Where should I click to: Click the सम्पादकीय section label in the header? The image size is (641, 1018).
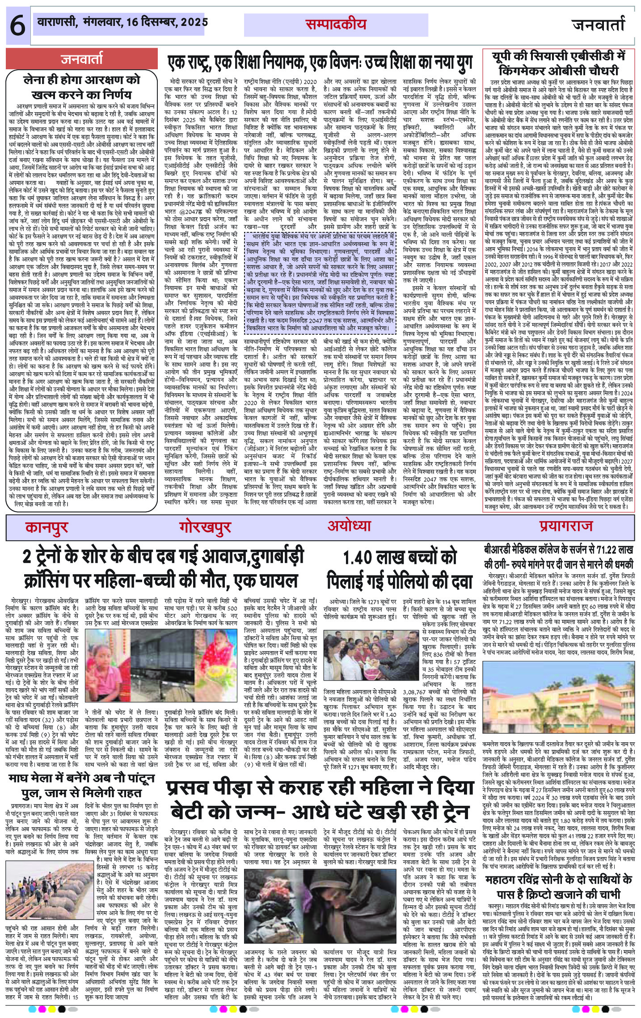(336, 25)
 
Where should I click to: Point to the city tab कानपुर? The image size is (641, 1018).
(47, 527)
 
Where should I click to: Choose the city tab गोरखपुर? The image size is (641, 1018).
(205, 527)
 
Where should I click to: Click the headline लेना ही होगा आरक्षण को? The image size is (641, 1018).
(82, 81)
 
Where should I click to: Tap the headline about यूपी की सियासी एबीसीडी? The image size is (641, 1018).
(558, 58)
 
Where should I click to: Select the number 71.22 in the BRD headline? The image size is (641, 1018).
(600, 550)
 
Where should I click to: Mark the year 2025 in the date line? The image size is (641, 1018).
(192, 21)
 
